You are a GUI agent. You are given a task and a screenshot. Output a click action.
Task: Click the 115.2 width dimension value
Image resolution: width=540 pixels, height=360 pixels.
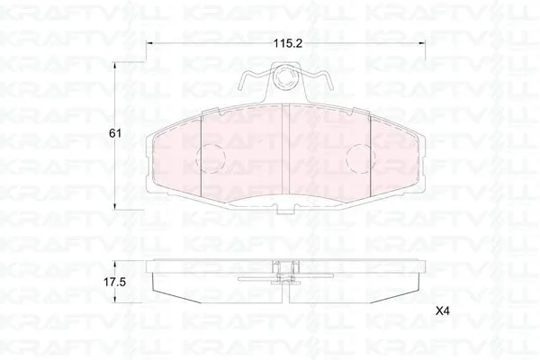coord(288,43)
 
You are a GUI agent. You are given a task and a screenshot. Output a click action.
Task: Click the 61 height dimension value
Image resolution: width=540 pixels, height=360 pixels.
coord(115,133)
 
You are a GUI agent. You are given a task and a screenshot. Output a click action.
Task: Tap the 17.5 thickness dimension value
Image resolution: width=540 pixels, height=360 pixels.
coord(114,283)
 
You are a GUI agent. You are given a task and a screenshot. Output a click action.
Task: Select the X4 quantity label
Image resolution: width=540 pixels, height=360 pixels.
coord(443,311)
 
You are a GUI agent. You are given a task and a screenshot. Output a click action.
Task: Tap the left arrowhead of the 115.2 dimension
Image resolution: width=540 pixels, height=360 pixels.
coord(149,43)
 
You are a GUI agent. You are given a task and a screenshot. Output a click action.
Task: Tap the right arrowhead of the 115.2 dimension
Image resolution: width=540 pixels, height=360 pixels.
coord(423,43)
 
